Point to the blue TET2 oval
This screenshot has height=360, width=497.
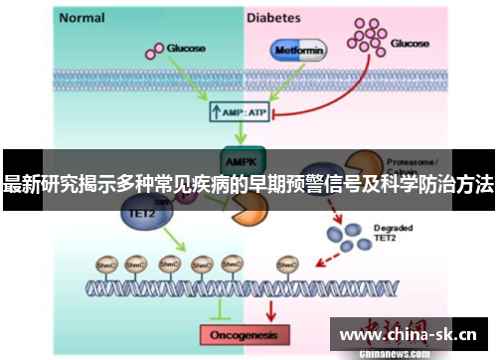(x=141, y=212)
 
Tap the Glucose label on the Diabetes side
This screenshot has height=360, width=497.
(x=411, y=43)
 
